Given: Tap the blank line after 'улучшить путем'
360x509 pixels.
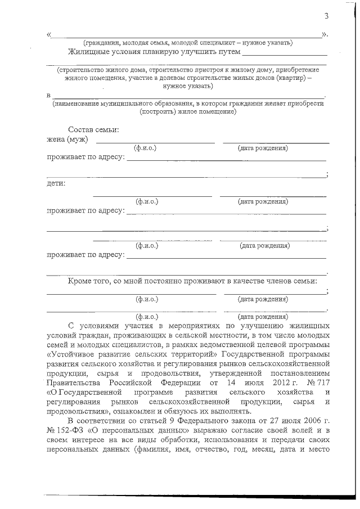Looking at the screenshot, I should point(284,55).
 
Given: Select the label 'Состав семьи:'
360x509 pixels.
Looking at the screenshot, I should point(93,130).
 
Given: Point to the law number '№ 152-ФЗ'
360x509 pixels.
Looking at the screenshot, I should point(66,430).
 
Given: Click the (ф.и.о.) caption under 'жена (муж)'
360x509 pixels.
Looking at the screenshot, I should point(145,148).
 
